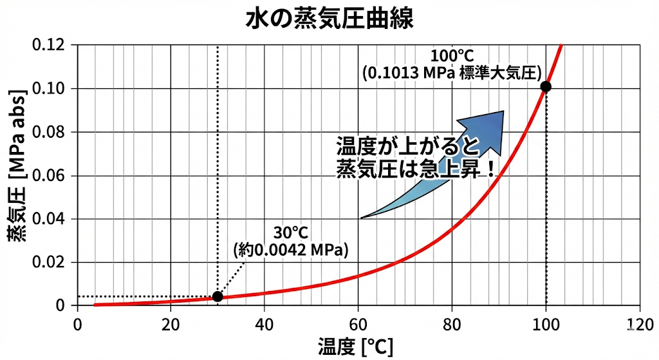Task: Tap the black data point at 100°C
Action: (x=546, y=86)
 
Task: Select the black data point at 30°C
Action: (x=218, y=296)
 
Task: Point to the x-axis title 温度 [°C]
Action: (x=355, y=347)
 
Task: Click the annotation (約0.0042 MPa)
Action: (x=290, y=249)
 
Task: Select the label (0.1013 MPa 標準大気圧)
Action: (x=452, y=72)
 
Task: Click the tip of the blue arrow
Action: (x=503, y=111)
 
